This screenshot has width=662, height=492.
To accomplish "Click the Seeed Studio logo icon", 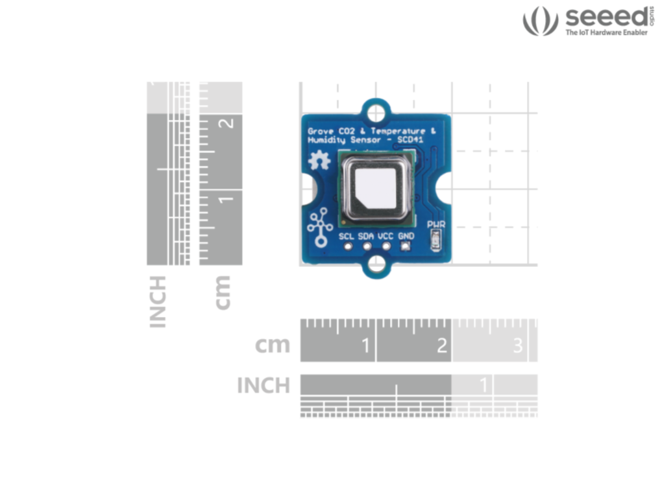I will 540,21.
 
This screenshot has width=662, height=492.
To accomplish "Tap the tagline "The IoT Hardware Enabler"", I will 606,32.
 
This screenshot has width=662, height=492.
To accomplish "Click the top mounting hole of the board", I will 376,113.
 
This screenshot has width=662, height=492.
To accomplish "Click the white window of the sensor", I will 376,187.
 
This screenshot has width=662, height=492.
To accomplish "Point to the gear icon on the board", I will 319,160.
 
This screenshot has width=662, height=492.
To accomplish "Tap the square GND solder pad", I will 406,246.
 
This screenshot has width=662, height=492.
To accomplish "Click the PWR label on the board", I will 436,225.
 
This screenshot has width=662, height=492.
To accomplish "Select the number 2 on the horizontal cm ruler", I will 441,346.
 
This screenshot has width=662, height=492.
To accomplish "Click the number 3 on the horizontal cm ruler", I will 517,346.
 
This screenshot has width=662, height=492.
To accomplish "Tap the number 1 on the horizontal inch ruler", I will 483,386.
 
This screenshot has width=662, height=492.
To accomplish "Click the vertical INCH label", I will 158,301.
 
